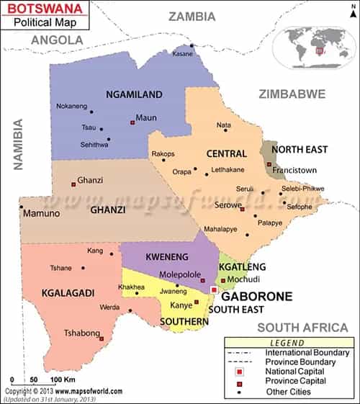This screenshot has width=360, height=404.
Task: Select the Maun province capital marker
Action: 132,122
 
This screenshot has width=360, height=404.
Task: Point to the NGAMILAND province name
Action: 134,94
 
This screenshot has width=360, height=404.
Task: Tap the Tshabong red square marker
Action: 102,338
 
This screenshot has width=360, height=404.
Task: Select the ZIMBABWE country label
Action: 292,94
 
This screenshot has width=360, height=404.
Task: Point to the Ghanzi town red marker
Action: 73,184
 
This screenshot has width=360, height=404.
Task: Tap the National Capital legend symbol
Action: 240,371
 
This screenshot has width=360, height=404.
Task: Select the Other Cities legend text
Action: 287,392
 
